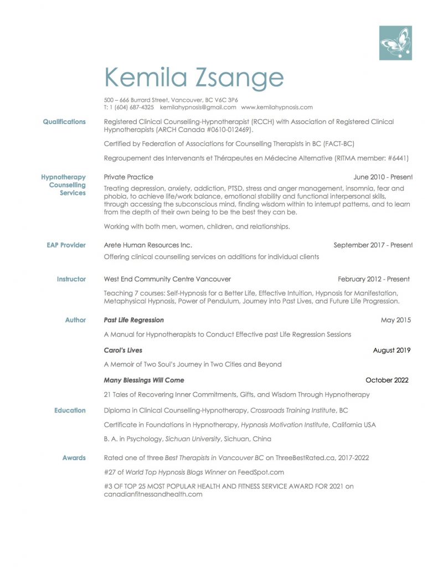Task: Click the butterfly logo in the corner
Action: (395, 43)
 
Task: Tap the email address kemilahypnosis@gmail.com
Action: (198, 107)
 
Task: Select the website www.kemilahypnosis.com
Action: (277, 107)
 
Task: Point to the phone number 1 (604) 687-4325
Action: (132, 107)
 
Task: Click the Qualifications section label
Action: (64, 122)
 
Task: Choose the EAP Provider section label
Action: (66, 245)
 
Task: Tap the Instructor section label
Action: (71, 280)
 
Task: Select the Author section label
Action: (75, 320)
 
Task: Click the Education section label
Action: (70, 411)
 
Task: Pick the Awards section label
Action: (74, 458)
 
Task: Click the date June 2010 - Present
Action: (383, 177)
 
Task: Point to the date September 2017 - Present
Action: (373, 245)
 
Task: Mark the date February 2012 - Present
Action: (374, 280)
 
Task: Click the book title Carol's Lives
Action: (123, 350)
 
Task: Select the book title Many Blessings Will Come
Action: (144, 380)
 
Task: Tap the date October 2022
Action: (387, 380)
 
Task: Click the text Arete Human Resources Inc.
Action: (148, 245)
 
